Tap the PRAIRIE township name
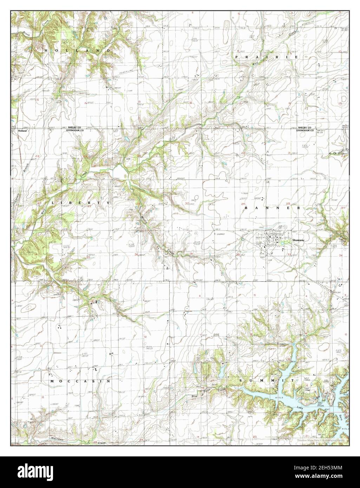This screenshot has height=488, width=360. pyautogui.click(x=267, y=57)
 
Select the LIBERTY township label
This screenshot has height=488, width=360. pyautogui.click(x=80, y=203)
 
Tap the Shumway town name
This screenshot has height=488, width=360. pyautogui.click(x=300, y=240)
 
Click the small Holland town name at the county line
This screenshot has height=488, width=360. pyautogui.click(x=22, y=130)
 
